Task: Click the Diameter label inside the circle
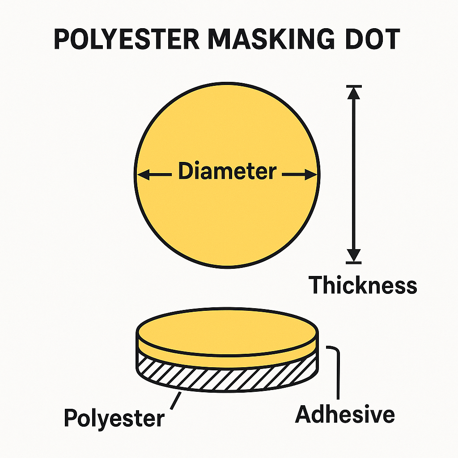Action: point(227,171)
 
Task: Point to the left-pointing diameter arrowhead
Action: point(143,175)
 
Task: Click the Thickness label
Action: point(363,285)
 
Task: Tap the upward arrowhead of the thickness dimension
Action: point(354,93)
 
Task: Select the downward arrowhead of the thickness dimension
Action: point(354,255)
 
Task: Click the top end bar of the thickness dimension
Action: point(354,86)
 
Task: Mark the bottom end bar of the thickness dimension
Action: point(354,263)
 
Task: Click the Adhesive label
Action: point(345,414)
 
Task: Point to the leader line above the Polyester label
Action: point(175,401)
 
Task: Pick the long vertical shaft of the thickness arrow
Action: point(354,174)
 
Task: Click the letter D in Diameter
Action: point(185,171)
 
